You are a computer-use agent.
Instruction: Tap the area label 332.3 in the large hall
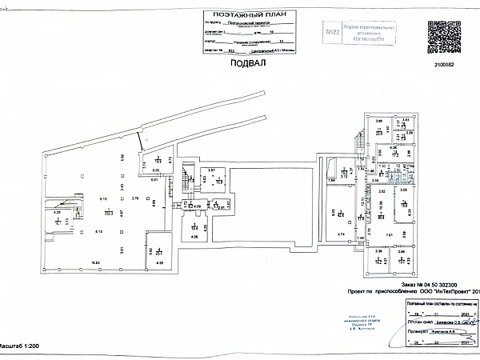(107, 214)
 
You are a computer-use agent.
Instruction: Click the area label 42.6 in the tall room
(341, 214)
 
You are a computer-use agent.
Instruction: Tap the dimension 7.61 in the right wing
(389, 234)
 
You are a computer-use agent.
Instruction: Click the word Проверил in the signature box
(410, 329)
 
